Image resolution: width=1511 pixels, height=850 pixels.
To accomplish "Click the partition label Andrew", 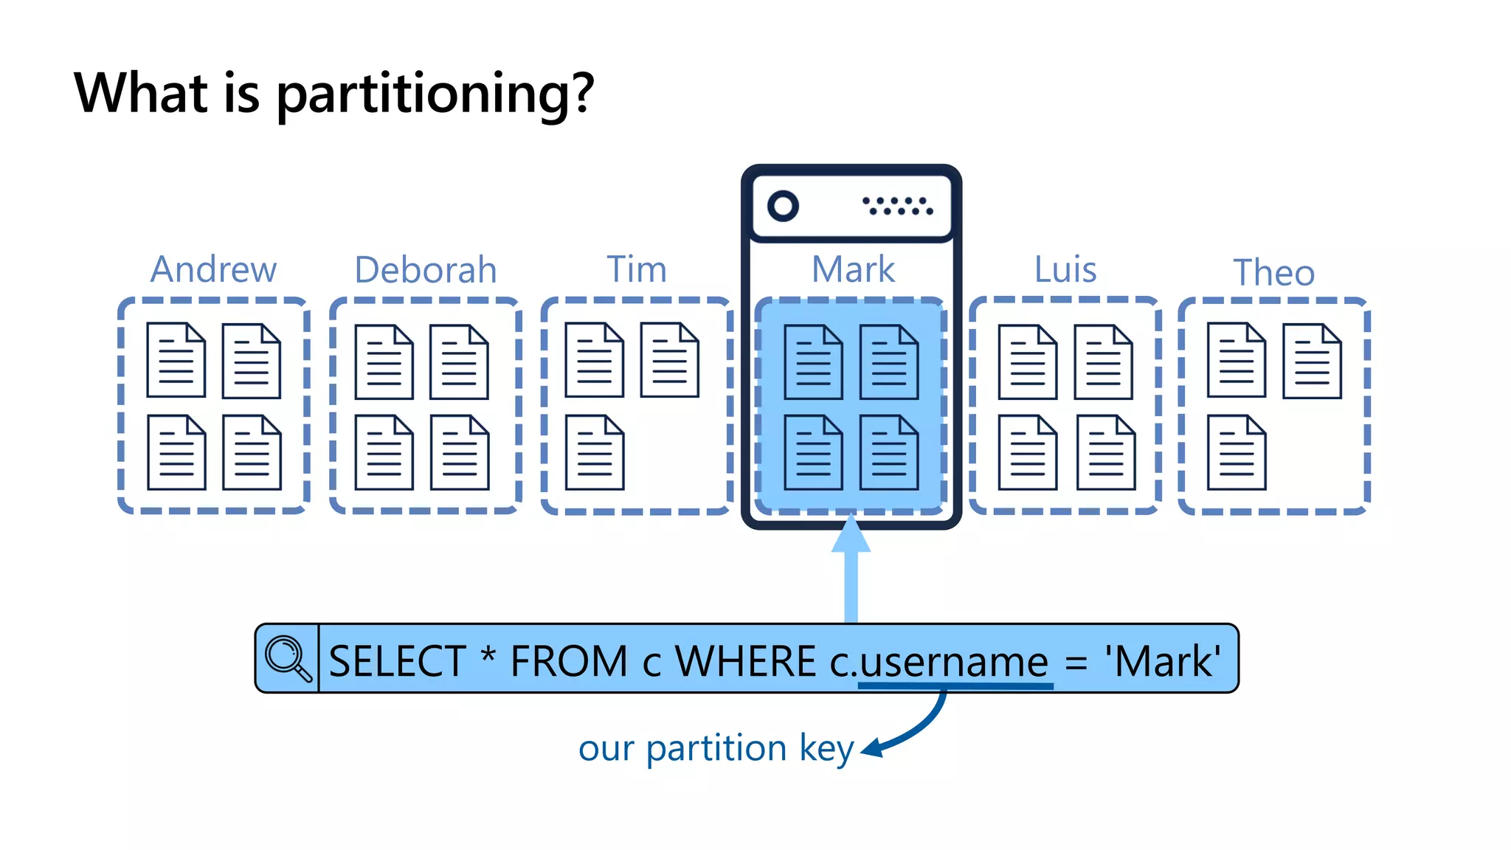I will click(x=213, y=269).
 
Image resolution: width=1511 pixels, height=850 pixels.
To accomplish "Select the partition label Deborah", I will click(x=426, y=270).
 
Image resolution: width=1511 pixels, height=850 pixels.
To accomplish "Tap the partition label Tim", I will click(x=636, y=269).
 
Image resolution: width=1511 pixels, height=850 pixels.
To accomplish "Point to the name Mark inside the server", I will click(x=853, y=269).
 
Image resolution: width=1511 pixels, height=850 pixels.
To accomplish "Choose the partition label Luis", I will click(x=1065, y=269).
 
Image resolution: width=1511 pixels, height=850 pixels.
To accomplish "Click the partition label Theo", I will click(x=1274, y=273).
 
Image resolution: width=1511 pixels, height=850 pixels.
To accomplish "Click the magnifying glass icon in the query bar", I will click(x=288, y=658).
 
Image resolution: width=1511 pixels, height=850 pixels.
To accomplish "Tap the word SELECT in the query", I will click(x=397, y=661).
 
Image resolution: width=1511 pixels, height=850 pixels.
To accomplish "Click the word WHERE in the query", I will click(x=745, y=661).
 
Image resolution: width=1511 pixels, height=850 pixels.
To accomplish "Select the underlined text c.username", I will click(x=938, y=662).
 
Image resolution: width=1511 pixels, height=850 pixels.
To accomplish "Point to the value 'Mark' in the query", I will click(x=1162, y=661).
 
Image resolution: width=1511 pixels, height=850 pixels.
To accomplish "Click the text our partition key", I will click(x=716, y=749).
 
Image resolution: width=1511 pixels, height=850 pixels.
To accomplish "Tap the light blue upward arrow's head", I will click(x=851, y=535).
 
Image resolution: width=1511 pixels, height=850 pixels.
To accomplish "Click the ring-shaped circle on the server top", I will click(x=783, y=206).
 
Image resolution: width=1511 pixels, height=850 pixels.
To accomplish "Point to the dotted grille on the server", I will click(x=898, y=206).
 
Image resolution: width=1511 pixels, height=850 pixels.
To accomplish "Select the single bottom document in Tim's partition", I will click(x=595, y=452).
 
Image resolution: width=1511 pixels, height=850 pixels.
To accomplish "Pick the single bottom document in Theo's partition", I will click(x=1237, y=452).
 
